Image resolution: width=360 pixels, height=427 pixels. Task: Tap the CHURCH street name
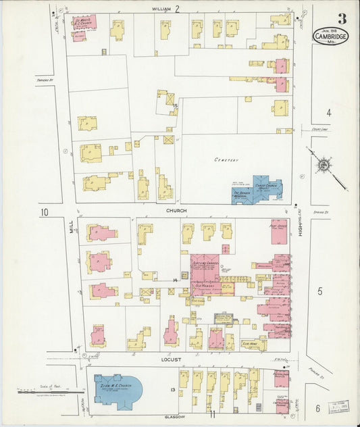[x=178, y=211]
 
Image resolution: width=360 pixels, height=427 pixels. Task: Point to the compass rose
[x=324, y=164]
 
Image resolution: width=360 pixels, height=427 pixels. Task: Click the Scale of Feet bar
[x=45, y=390]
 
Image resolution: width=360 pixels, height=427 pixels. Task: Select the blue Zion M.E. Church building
[x=118, y=390]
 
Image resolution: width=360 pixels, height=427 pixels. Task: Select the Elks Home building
[x=253, y=344]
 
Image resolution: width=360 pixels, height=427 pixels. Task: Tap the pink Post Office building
[x=279, y=230]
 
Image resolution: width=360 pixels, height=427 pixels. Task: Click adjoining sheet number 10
[x=45, y=213]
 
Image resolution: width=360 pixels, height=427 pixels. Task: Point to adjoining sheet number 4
[x=329, y=113]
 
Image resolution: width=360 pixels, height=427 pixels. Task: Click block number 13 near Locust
[x=173, y=391]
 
